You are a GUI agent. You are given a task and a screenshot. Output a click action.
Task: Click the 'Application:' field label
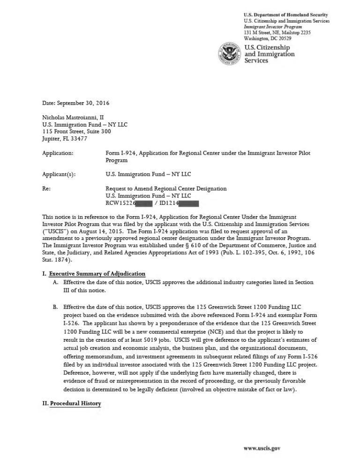point(58,153)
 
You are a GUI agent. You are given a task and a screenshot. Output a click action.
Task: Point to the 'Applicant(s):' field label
point(59,174)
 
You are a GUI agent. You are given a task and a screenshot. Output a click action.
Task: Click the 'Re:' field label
point(46,188)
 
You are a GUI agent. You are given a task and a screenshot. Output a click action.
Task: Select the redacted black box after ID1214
point(189,203)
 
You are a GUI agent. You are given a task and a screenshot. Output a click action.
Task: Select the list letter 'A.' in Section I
point(56,283)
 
